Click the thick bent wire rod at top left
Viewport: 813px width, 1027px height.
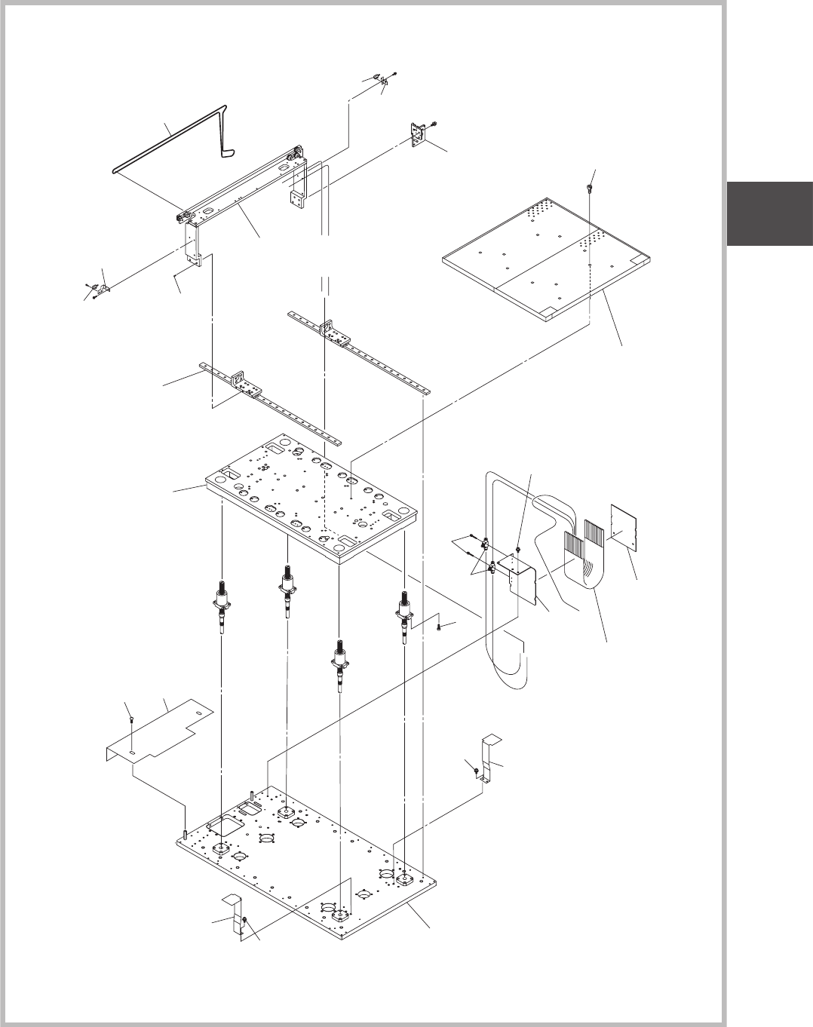pyautogui.click(x=169, y=135)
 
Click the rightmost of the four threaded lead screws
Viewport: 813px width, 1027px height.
pyautogui.click(x=404, y=614)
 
